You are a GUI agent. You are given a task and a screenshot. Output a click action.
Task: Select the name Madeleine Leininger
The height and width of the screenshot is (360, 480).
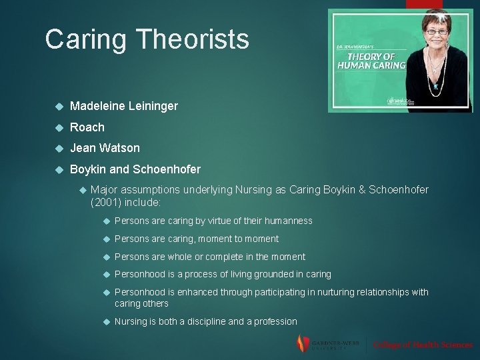pos(123,106)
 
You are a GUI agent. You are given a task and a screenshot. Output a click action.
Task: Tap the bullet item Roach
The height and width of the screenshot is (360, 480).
pos(87,127)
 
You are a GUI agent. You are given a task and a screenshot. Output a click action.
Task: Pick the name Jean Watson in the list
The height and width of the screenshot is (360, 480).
pos(105,148)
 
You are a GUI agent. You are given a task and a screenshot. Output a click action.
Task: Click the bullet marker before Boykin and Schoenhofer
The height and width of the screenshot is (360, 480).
pos(59,169)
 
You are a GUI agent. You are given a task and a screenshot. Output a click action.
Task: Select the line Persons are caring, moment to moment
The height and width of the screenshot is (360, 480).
pos(197,239)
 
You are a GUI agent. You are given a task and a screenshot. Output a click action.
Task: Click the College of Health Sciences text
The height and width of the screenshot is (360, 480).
pos(423,345)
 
